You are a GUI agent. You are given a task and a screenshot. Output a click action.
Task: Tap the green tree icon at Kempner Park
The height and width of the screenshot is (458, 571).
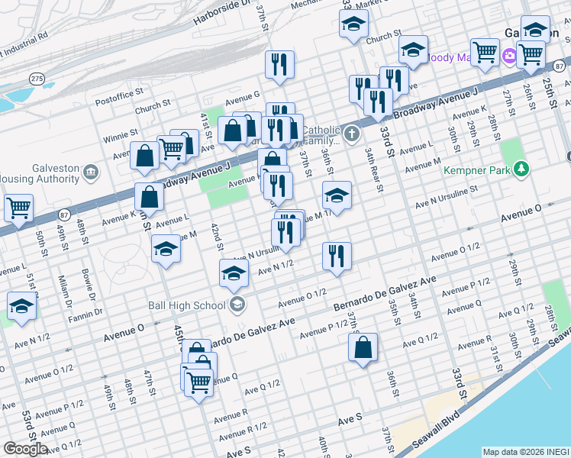521,168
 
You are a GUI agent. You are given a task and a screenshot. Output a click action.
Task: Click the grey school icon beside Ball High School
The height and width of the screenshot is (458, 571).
237,305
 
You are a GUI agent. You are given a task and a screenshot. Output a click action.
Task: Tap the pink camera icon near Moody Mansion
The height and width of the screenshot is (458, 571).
509,56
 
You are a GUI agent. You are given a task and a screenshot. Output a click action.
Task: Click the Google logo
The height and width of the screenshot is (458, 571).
25,449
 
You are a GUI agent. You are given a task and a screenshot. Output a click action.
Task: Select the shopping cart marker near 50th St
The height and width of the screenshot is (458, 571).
18,207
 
